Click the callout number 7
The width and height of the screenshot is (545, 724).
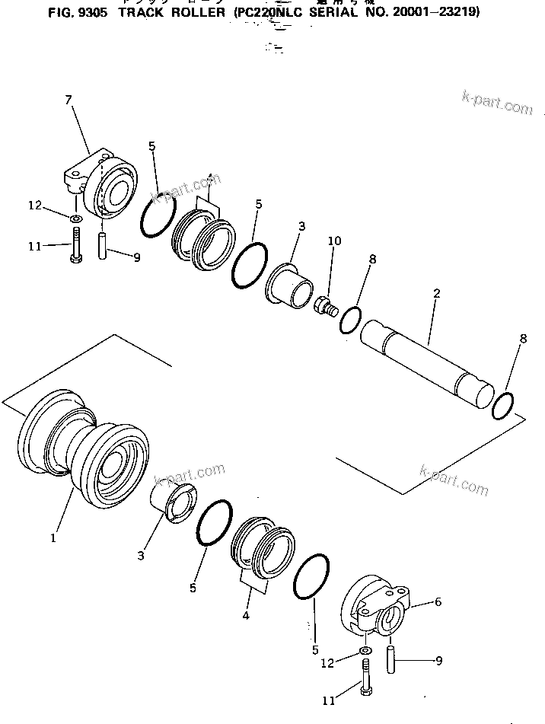click(x=69, y=100)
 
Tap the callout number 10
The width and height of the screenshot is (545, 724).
click(x=334, y=241)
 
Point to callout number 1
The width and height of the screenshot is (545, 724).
click(x=53, y=537)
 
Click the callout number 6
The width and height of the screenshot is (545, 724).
click(x=437, y=601)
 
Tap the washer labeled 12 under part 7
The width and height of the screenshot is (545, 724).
click(x=75, y=220)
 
